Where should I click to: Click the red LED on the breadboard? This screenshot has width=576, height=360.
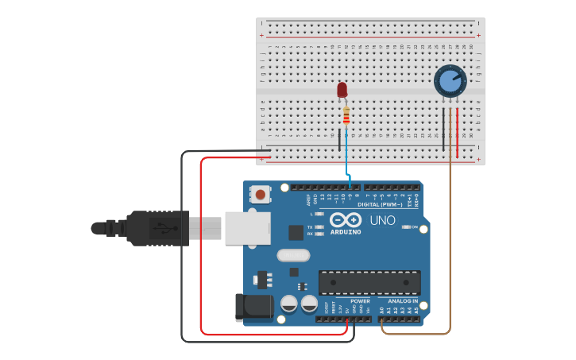pos(342,90)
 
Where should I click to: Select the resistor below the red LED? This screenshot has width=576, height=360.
pos(346,116)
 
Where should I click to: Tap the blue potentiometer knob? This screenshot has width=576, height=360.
pos(450,81)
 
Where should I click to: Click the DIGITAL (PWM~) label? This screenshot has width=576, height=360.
pos(380,204)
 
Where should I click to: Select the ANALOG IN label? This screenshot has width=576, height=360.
pos(403,301)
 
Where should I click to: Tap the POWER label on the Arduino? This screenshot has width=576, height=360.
pos(360,301)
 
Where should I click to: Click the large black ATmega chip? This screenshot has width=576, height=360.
pos(369,282)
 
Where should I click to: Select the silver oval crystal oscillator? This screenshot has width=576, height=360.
pos(293,255)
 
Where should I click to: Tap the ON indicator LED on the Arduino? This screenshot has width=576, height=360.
pos(406,227)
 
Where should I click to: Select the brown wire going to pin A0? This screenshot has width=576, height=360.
pos(450,238)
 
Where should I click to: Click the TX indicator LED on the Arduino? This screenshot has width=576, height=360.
pos(319,227)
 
